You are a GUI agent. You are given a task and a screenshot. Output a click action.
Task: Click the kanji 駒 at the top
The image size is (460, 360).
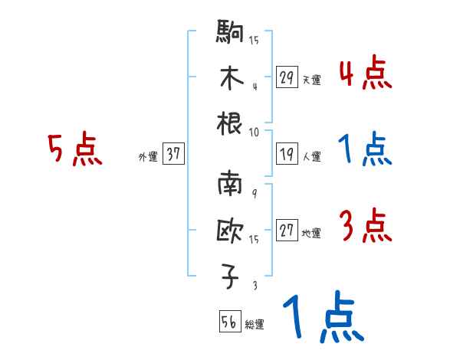pyautogui.click(x=231, y=33)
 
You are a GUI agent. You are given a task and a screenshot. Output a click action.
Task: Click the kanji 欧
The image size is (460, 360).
pyautogui.click(x=231, y=232)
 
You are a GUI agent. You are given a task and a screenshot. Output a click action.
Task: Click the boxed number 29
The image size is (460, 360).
pyautogui.click(x=287, y=77)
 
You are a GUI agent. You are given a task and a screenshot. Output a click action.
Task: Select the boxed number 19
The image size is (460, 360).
pyautogui.click(x=287, y=154)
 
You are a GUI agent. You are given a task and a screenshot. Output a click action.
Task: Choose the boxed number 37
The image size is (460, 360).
pyautogui.click(x=173, y=154)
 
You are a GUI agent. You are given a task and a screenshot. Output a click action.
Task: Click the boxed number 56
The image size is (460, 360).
pyautogui.click(x=228, y=322)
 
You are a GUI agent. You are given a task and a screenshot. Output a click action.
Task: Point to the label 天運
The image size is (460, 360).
pyautogui.click(x=311, y=80)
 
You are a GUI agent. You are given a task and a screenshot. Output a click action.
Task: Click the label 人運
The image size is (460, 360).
pyautogui.click(x=311, y=157)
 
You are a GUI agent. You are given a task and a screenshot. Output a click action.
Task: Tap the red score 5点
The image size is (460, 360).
pyautogui.click(x=75, y=150)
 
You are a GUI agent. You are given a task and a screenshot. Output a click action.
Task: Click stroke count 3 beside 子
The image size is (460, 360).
pyautogui.click(x=254, y=286)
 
